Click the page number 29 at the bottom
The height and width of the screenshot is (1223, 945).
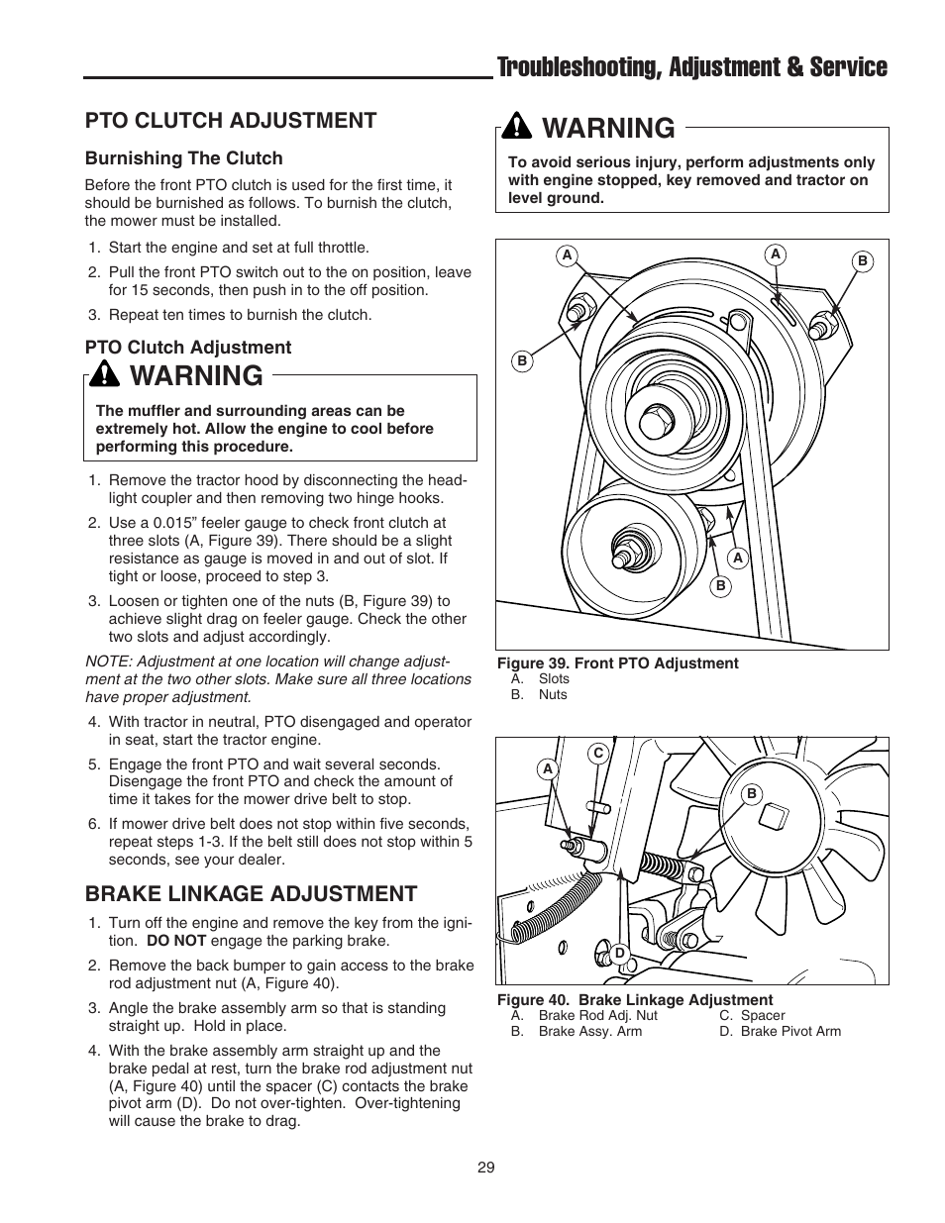[485, 1168]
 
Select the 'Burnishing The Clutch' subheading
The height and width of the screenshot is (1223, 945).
[183, 158]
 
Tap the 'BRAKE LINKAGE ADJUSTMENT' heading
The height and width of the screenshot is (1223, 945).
[251, 893]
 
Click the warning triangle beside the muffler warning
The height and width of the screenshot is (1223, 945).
[104, 375]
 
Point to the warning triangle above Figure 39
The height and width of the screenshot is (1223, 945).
[517, 128]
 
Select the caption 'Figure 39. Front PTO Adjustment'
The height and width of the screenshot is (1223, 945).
[617, 663]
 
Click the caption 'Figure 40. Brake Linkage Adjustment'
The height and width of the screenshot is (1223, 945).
[634, 1000]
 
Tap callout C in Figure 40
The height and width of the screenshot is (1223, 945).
[598, 754]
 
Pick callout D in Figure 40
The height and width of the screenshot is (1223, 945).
[620, 953]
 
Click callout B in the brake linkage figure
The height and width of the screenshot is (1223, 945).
[752, 793]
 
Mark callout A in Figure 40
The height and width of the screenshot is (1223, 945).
[547, 768]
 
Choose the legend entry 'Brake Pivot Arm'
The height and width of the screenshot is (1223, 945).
[790, 1031]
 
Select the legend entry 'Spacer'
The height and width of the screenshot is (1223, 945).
[762, 1015]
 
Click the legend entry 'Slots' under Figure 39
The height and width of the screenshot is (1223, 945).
[553, 678]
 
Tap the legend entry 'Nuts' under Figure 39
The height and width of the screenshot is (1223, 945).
[552, 694]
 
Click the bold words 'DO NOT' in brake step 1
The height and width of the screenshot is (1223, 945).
[175, 941]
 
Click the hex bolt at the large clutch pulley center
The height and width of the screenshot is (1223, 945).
[655, 423]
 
